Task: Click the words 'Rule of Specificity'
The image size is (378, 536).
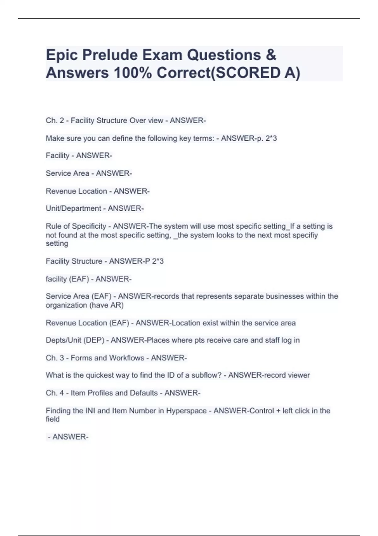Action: point(76,226)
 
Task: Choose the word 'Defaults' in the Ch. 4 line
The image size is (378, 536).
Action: point(143,393)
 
